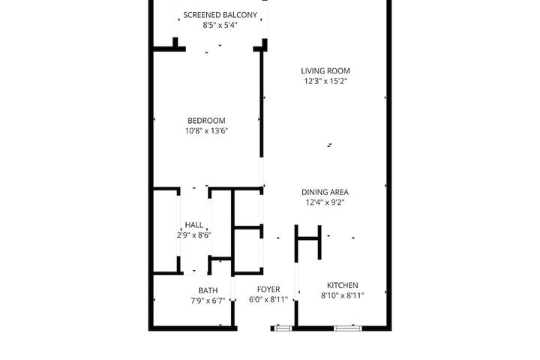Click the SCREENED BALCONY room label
click(220, 15)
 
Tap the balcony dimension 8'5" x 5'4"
click(220, 25)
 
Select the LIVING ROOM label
click(325, 71)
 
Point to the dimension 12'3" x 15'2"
click(325, 81)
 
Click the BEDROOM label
click(206, 121)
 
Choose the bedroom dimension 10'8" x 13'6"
click(207, 131)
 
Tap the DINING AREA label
click(325, 192)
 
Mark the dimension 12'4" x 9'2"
click(325, 202)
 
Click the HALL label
click(194, 225)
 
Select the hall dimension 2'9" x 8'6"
click(194, 235)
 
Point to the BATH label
click(208, 290)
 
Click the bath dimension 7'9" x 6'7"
click(208, 301)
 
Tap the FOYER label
click(268, 289)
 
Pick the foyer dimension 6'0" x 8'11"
click(268, 300)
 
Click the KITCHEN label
click(342, 285)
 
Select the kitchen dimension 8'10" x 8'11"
click(342, 295)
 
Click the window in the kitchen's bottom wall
click(348, 328)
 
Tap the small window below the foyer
click(283, 328)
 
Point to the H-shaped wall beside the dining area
click(308, 238)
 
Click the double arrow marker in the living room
click(329, 145)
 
